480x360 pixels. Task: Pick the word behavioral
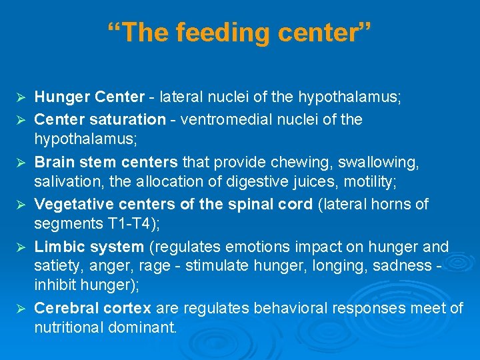click(295, 308)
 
